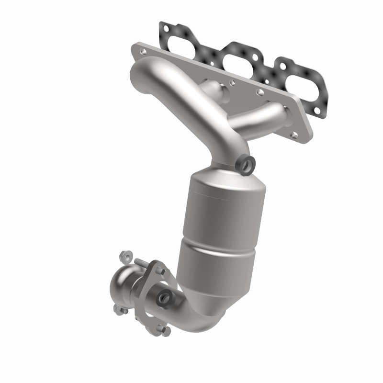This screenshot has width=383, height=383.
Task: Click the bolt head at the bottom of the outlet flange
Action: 166,330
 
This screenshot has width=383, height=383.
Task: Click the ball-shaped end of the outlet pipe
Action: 125,286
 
